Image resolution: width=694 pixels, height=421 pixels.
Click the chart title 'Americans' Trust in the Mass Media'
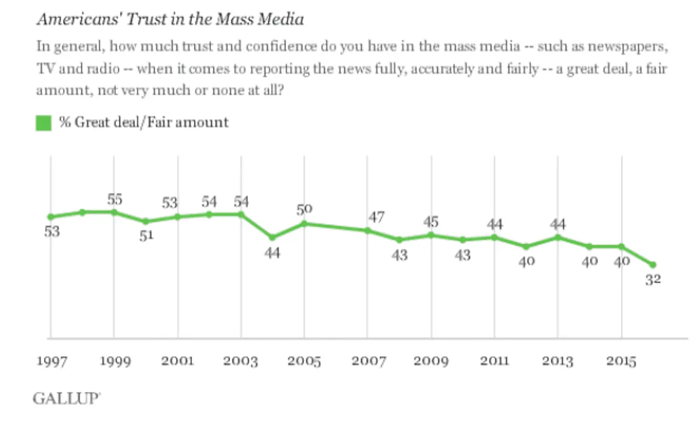pyautogui.click(x=170, y=20)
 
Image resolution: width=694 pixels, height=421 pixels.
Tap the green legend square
pyautogui.click(x=44, y=123)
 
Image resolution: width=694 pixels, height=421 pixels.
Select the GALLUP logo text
pyautogui.click(x=66, y=399)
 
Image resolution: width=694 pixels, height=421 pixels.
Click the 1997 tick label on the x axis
pyautogui.click(x=51, y=361)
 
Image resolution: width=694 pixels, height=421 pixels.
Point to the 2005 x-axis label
pyautogui.click(x=304, y=361)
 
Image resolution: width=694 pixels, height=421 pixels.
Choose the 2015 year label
pyautogui.click(x=621, y=361)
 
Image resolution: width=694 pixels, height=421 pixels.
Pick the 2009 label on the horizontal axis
pyautogui.click(x=431, y=361)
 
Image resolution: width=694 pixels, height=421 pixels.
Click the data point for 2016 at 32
pyautogui.click(x=653, y=264)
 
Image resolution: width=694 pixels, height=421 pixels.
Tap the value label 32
pyautogui.click(x=653, y=279)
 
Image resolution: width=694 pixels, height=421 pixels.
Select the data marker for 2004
pyautogui.click(x=272, y=237)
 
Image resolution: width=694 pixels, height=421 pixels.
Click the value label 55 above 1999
pyautogui.click(x=114, y=199)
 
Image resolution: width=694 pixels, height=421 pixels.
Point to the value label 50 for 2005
pyautogui.click(x=304, y=209)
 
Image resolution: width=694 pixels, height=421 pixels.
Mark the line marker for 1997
pyautogui.click(x=51, y=217)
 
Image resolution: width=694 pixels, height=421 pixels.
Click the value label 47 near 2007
pyautogui.click(x=377, y=217)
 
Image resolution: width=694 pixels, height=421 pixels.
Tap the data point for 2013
pyautogui.click(x=558, y=237)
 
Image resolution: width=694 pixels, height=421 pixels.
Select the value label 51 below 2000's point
pyautogui.click(x=146, y=236)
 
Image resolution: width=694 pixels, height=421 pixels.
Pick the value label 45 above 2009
pyautogui.click(x=431, y=222)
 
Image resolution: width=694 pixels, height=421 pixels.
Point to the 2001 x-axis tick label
pyautogui.click(x=178, y=361)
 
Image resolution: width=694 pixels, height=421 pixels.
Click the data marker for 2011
pyautogui.click(x=494, y=237)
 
